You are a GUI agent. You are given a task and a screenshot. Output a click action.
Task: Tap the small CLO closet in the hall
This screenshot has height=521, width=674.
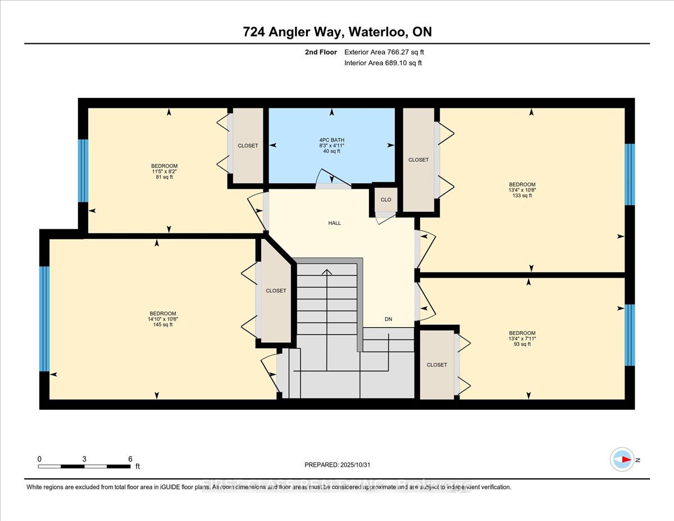point(385,200)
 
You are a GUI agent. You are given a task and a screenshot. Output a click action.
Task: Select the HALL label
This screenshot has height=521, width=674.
point(334,223)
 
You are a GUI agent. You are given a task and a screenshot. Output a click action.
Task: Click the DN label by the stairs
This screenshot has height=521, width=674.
point(388,319)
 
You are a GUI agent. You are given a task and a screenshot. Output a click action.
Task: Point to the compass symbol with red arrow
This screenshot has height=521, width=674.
point(622,459)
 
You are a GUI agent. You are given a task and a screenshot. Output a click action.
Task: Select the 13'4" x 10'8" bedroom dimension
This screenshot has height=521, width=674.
point(522,190)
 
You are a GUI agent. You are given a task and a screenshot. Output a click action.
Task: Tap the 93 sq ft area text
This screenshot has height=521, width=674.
point(522,345)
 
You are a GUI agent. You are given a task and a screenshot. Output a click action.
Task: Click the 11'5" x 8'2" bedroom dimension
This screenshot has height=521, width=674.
point(164,172)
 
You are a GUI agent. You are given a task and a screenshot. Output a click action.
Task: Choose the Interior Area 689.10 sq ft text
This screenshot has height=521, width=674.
point(383,63)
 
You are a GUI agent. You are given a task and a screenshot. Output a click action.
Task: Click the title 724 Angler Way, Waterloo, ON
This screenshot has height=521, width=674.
point(337,32)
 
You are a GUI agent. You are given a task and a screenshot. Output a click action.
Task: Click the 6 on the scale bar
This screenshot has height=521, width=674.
point(130,459)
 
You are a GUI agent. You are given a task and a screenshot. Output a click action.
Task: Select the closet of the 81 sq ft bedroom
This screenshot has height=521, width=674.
point(248,146)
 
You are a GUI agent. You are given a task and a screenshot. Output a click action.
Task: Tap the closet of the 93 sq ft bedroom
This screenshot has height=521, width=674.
point(436,365)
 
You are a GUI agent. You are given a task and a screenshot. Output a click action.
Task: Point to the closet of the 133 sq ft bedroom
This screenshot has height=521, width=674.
point(418,160)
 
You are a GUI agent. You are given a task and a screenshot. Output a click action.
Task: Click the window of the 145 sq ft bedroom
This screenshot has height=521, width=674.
point(44,319)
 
